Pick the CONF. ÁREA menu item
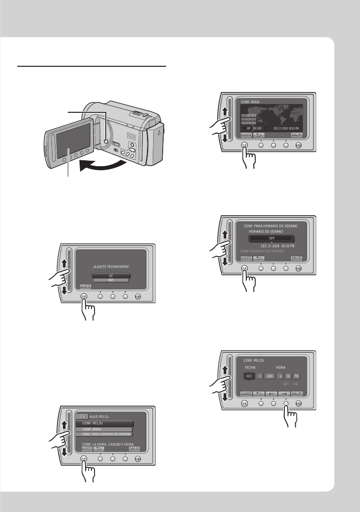[104, 430]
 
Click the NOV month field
[249, 376]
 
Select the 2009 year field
[270, 376]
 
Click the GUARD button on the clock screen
[246, 393]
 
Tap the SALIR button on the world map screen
[297, 135]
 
